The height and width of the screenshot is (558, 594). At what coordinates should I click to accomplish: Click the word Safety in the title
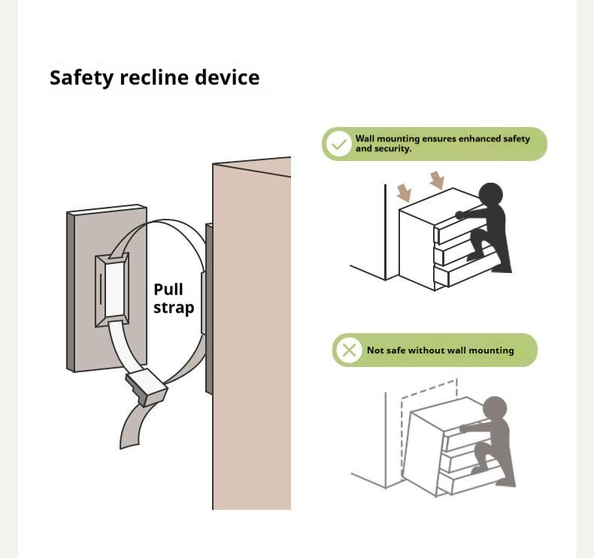point(80,78)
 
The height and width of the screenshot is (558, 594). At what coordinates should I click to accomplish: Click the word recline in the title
point(156,78)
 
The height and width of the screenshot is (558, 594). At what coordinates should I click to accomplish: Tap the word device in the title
point(229,78)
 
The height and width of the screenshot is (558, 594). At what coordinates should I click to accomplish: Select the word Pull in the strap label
point(168,290)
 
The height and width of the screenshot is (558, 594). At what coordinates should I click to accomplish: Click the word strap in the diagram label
point(174,308)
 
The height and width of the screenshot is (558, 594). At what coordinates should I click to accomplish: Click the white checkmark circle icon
point(339,144)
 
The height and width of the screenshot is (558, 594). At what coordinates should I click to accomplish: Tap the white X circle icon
point(349,350)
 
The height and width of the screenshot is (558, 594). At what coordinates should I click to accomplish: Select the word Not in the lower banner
point(375,350)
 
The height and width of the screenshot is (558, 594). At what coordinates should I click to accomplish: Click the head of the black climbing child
point(490,194)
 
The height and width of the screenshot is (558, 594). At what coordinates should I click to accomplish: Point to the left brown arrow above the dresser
point(405,193)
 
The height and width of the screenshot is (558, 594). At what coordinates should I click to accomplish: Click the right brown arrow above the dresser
point(437,180)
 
